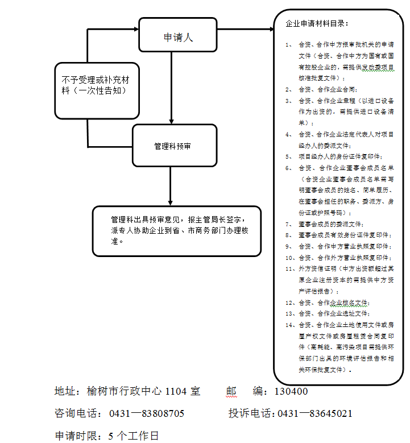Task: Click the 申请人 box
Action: click(178, 38)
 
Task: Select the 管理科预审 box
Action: click(175, 146)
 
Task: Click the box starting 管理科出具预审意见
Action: click(177, 230)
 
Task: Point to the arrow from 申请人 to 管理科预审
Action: click(171, 85)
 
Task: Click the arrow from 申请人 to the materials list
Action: click(245, 28)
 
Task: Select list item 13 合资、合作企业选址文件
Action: click(334, 313)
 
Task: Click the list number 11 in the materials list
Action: click(290, 268)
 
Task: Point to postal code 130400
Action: click(291, 392)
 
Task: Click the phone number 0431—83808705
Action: click(147, 413)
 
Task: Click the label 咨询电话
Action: click(77, 413)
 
